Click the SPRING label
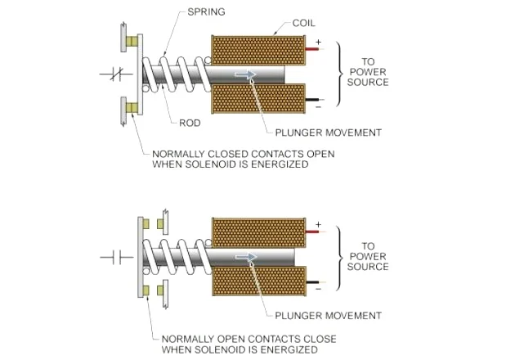coord(206,11)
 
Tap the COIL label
coord(304,23)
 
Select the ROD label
coord(190,123)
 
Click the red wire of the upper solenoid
coord(312,49)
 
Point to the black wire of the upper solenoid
coord(312,100)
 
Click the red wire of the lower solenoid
coord(312,232)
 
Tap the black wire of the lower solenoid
coord(312,282)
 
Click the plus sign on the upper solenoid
coord(318,42)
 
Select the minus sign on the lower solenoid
coord(318,289)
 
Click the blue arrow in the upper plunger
coord(245,74)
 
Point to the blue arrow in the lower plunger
coord(246,257)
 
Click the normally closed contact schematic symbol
coord(116,74)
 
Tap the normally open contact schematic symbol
coord(117,257)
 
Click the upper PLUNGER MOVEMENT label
coord(328,133)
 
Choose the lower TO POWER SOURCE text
coord(368,256)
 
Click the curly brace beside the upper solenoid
coord(339,74)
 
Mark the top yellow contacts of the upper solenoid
coord(132,41)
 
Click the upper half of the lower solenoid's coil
coord(259,232)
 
